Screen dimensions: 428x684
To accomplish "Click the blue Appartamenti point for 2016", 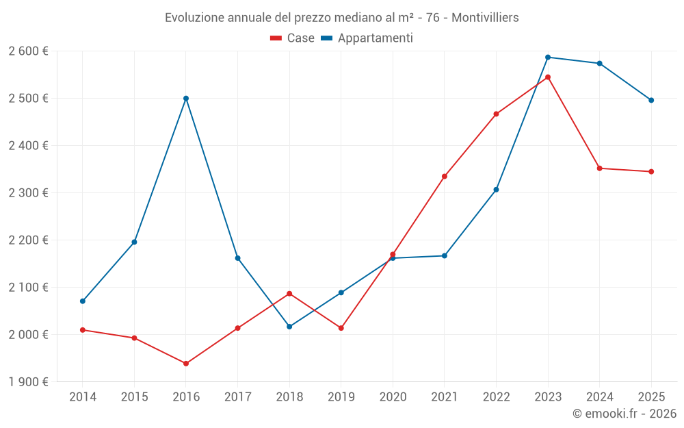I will pos(186,99).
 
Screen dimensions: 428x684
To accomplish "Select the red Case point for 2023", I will pos(548,77).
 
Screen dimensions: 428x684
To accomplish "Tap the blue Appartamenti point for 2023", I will pos(548,58).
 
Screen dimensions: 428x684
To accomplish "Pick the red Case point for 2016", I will pos(186,364).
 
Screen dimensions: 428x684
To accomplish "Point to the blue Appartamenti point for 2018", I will pos(289,327).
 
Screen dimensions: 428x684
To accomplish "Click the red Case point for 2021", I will pos(445,177).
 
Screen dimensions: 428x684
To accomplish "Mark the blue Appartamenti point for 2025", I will pos(651,101).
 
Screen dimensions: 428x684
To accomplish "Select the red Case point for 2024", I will pos(600,168).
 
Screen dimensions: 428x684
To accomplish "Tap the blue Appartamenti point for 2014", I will pos(83,301).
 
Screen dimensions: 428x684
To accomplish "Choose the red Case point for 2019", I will pos(341,328).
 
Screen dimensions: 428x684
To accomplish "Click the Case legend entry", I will pos(293,38).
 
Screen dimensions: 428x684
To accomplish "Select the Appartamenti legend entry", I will pos(367,38).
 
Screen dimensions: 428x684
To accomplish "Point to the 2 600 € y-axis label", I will pos(28,51).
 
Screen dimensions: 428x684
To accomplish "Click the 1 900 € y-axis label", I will pos(28,382).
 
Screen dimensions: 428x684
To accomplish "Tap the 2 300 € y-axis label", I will pos(28,193).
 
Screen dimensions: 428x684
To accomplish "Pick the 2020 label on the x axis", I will pos(393,397).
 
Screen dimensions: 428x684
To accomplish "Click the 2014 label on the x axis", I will pos(83,397).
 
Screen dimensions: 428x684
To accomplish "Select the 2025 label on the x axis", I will pos(651,397).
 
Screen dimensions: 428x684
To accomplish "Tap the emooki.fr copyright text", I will pos(624,414).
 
